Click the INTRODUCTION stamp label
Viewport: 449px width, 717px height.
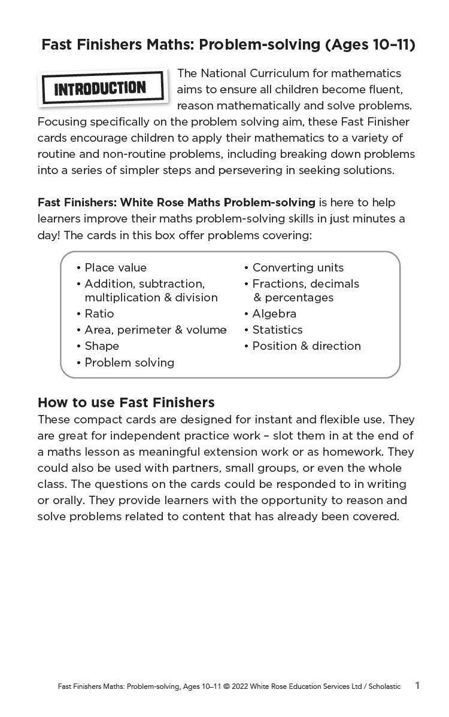(101, 89)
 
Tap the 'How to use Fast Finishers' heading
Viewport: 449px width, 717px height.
(126, 402)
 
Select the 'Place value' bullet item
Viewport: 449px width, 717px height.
(115, 267)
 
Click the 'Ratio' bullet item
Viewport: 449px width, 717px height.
(99, 313)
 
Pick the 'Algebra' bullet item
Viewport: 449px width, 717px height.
(274, 313)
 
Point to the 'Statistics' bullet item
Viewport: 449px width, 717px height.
(277, 329)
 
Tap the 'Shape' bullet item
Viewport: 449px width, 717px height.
(102, 346)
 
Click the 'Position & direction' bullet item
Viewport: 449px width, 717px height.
(306, 346)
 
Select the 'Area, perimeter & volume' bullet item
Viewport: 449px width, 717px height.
(155, 329)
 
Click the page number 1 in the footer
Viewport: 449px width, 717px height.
(417, 685)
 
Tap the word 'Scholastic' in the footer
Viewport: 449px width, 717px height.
(384, 687)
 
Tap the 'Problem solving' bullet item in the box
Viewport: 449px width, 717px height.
(129, 362)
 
